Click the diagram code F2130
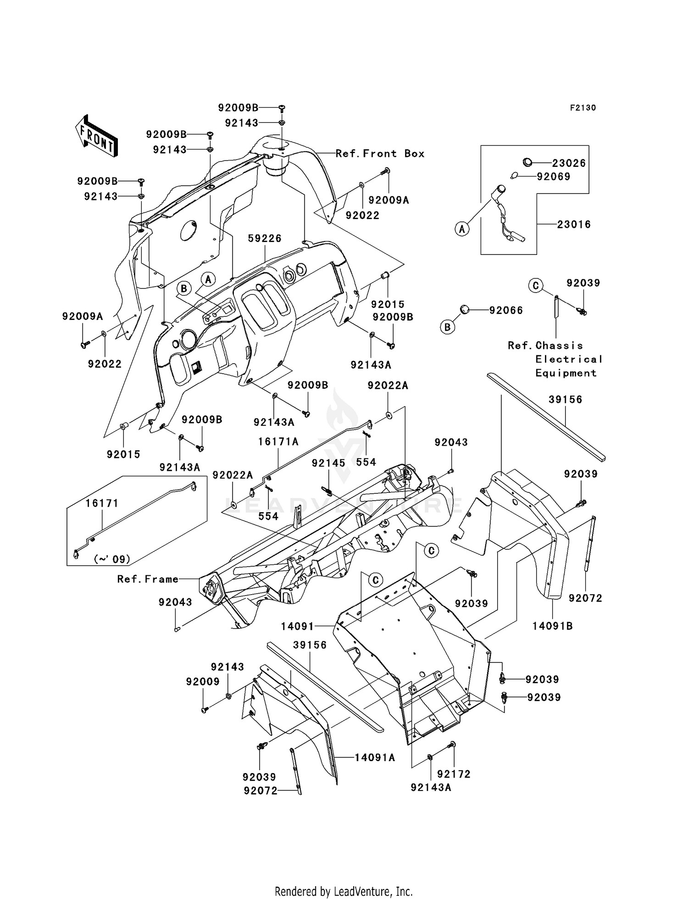tap(583, 108)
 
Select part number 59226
tap(265, 238)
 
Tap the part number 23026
tap(569, 163)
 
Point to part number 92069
tap(554, 177)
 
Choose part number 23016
tap(574, 224)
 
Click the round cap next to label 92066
tap(465, 310)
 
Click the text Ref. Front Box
tap(380, 154)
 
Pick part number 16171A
tap(278, 442)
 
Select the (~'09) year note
tap(112, 559)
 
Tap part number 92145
tap(328, 463)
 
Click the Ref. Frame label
tap(148, 579)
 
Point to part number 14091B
tap(552, 626)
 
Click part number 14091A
tap(375, 757)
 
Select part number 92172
tap(454, 774)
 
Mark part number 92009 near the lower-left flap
tap(203, 682)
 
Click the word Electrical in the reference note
tap(569, 359)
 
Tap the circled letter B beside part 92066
tap(447, 327)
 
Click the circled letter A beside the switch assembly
tap(462, 228)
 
